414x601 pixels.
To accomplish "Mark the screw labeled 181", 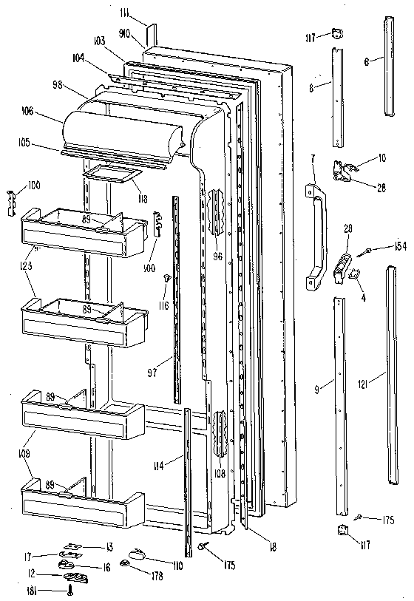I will click(68, 589).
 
